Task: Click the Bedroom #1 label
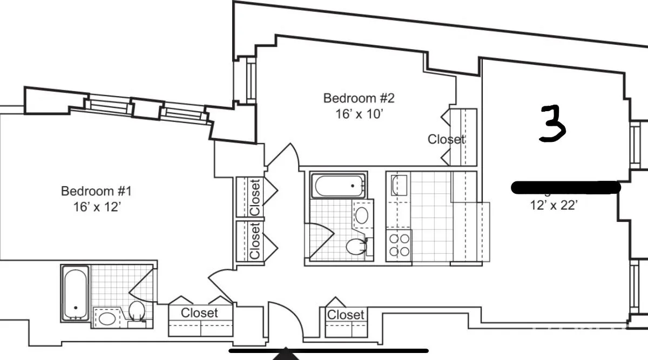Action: (96, 191)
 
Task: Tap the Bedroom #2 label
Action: (359, 98)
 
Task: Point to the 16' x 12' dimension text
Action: (96, 207)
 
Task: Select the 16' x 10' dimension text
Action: (359, 114)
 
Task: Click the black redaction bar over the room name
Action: (565, 187)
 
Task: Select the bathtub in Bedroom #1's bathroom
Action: (75, 293)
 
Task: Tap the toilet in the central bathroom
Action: (357, 248)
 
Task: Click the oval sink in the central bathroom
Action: (362, 215)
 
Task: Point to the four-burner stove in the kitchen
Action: (399, 244)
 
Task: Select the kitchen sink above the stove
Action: (399, 185)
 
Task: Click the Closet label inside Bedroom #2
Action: (446, 139)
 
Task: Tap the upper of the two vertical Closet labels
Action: (255, 197)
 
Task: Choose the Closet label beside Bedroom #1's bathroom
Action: (199, 313)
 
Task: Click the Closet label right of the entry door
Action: (346, 314)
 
